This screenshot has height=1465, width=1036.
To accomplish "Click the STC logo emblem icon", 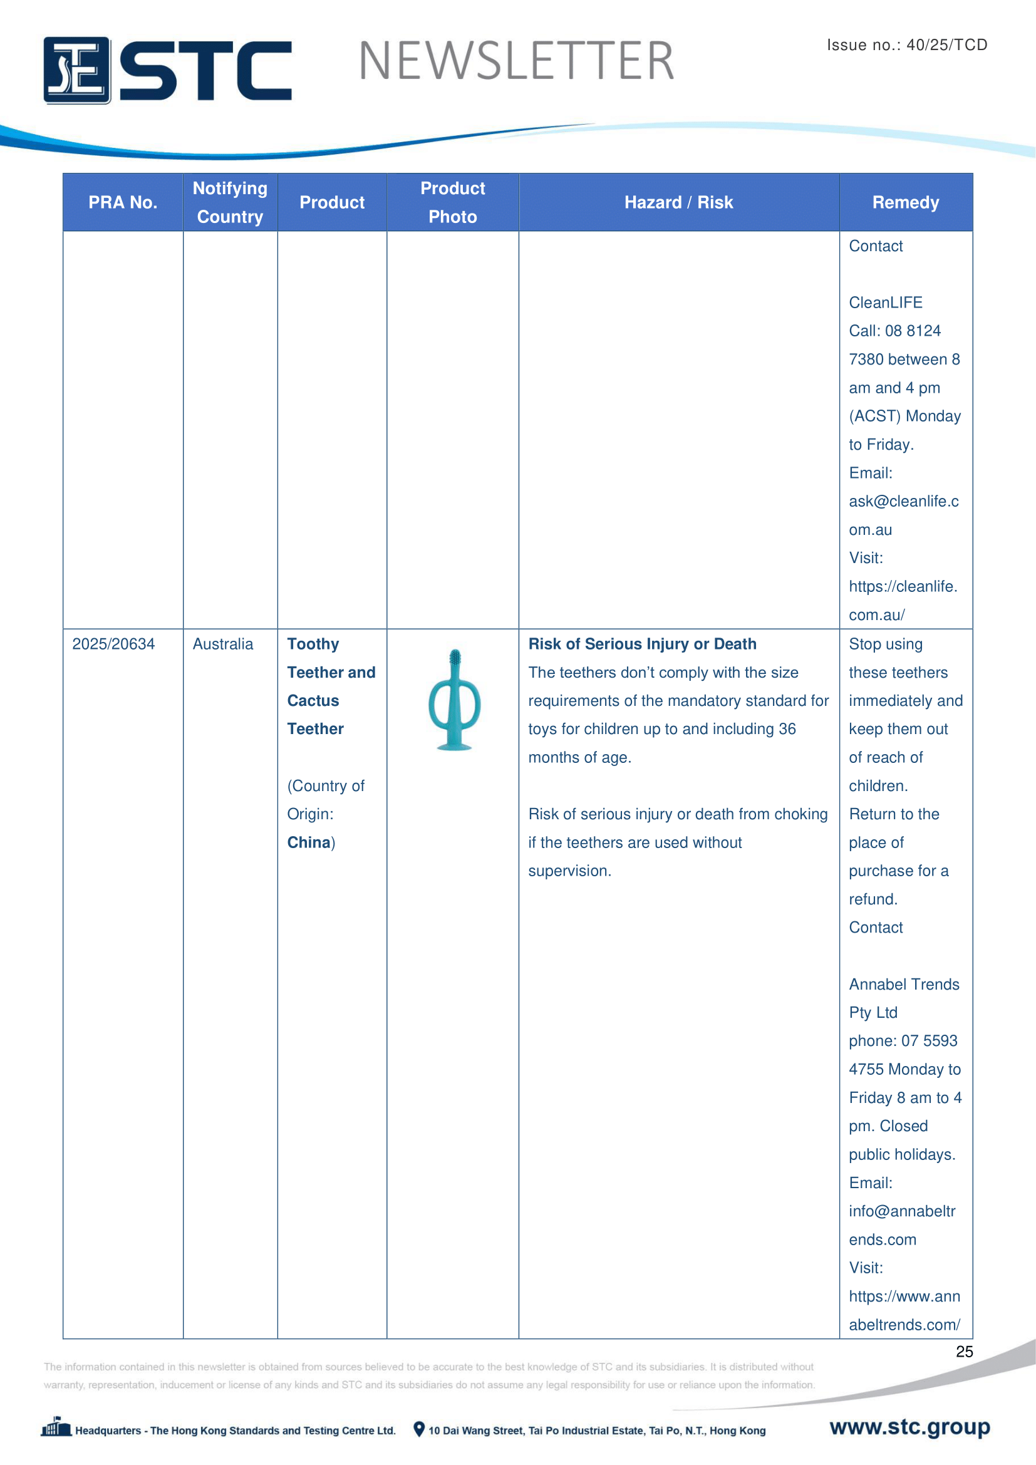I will [x=76, y=70].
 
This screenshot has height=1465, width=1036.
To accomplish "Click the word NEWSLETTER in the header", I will [x=516, y=61].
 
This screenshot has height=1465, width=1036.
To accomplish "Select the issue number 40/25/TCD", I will [x=946, y=44].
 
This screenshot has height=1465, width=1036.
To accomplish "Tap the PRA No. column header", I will [x=123, y=202].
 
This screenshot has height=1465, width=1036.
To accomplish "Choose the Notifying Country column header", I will [x=230, y=202].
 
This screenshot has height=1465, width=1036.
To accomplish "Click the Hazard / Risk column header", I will [x=678, y=202].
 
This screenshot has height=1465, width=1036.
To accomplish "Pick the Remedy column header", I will [x=905, y=202].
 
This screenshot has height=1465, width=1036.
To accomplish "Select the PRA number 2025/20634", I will [x=113, y=644].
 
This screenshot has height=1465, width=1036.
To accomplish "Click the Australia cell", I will [x=222, y=644].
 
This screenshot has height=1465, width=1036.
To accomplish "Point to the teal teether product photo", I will [x=453, y=700].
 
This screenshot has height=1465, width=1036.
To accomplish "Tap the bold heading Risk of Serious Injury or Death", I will [x=642, y=644].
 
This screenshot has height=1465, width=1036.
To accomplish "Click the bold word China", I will [x=309, y=842].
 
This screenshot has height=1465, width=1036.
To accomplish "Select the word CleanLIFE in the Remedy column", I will [x=886, y=303].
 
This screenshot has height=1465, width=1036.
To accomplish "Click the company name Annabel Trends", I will [x=903, y=984].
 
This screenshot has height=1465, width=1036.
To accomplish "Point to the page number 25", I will [x=964, y=1352].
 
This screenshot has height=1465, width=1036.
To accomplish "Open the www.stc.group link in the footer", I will [x=909, y=1427].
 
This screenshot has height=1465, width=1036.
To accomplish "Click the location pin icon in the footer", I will [x=418, y=1429].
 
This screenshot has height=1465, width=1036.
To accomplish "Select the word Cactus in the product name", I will [x=313, y=701].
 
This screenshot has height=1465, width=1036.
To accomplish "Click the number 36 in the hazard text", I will [x=787, y=728].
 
